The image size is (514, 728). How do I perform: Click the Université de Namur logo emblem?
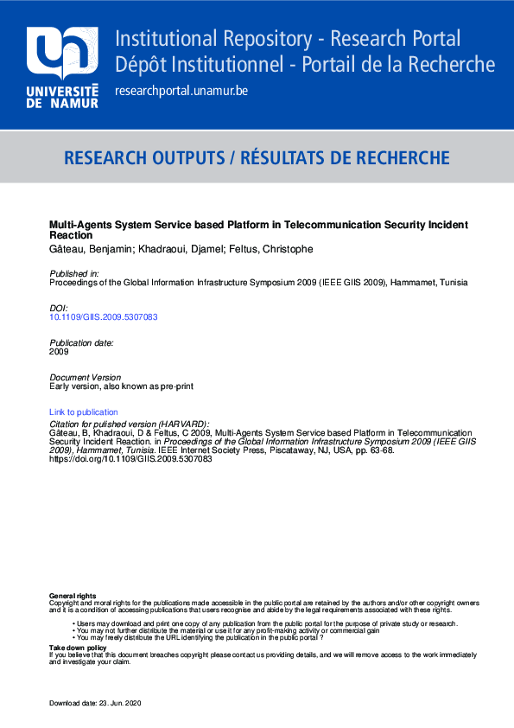click(x=62, y=54)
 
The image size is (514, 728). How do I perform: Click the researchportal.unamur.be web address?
click(x=181, y=91)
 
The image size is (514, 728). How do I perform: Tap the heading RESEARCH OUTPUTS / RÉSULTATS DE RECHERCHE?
click(x=257, y=158)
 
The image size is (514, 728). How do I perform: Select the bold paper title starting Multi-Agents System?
click(x=258, y=230)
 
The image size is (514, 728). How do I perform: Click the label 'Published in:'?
click(x=74, y=273)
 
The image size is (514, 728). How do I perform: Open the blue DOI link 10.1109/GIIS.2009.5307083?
click(x=104, y=317)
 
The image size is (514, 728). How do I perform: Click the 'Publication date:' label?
click(x=81, y=343)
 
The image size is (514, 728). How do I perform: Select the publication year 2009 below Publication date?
click(x=59, y=352)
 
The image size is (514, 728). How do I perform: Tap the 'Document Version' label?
click(x=86, y=378)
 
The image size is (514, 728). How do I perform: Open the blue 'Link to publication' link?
click(x=84, y=412)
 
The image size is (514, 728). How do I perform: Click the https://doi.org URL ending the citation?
click(x=130, y=459)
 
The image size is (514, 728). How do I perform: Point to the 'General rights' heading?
click(x=73, y=597)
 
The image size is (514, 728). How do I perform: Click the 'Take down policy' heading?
click(x=78, y=648)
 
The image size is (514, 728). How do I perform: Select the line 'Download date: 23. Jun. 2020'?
click(x=95, y=703)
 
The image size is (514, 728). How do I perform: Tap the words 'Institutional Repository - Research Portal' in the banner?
click(x=288, y=39)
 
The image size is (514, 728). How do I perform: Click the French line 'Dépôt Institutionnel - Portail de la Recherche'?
click(x=305, y=65)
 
